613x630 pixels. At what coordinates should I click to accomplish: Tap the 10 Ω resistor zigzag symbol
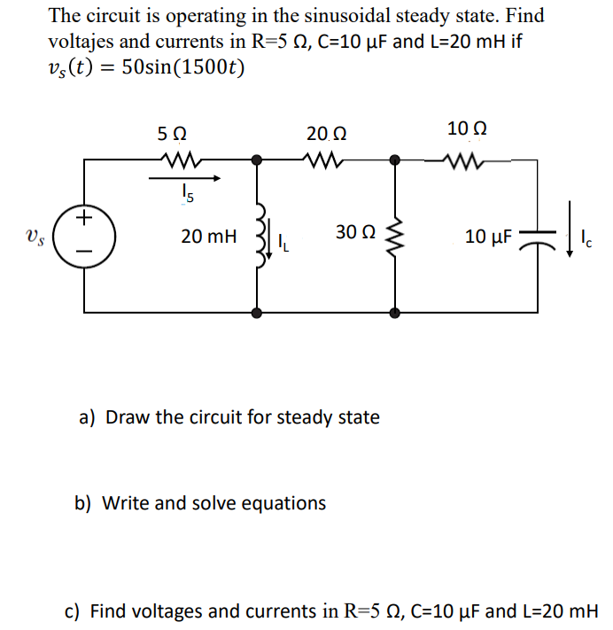tap(465, 160)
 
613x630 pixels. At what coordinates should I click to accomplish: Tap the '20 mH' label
tap(209, 237)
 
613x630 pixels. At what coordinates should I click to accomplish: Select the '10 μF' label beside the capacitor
tap(486, 237)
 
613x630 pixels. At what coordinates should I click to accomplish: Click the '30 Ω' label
tap(355, 232)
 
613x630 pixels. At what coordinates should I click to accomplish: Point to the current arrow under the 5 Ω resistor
tap(184, 177)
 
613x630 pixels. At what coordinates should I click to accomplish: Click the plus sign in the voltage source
tap(85, 217)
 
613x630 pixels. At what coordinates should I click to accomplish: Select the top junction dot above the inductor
tap(258, 160)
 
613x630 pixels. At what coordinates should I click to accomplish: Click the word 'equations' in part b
tap(283, 503)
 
